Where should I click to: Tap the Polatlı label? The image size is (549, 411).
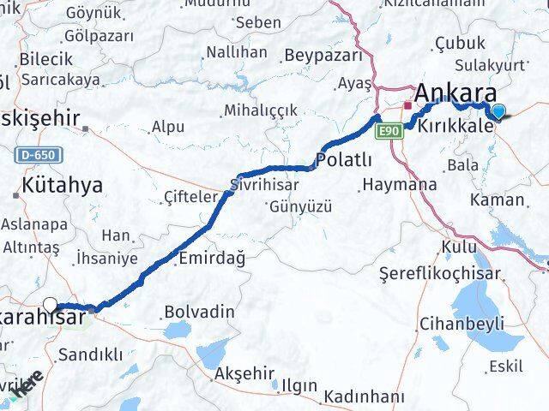pos(344,159)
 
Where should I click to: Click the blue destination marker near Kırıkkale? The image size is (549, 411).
pos(499,110)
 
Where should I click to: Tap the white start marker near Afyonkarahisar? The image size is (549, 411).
pos(51,304)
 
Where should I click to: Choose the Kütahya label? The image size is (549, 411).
pos(62,184)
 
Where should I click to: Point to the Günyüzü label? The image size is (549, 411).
pos(300,206)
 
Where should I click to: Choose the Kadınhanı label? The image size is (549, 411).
pos(364,396)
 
